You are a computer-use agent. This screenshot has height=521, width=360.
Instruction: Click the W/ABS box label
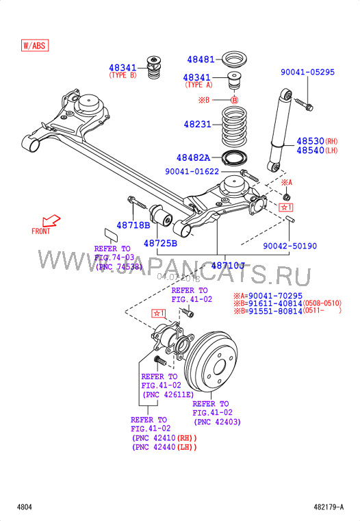[x=35, y=46]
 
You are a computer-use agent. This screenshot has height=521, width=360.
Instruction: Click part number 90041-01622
[x=192, y=172]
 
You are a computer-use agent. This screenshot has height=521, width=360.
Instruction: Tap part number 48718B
[x=132, y=225]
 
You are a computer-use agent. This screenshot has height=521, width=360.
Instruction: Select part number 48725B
[x=160, y=243]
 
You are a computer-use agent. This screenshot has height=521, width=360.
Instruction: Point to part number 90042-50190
[x=290, y=246]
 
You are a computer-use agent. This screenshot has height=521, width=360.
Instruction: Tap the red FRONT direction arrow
[x=49, y=221]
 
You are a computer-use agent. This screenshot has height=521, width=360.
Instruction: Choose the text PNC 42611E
[x=168, y=395]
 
